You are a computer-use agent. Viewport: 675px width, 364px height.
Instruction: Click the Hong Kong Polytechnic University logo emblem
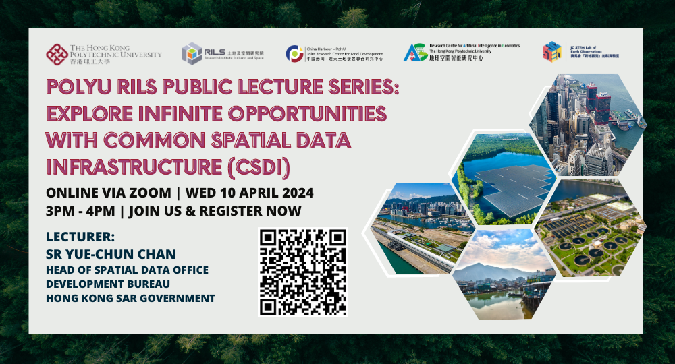(56, 54)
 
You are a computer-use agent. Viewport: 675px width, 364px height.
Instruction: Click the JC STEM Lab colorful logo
(552, 52)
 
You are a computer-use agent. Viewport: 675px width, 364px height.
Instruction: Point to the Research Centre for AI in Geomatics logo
(414, 53)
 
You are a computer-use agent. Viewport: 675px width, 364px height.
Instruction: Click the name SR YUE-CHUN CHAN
(111, 254)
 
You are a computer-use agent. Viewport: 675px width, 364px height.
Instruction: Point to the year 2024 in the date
(293, 193)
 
